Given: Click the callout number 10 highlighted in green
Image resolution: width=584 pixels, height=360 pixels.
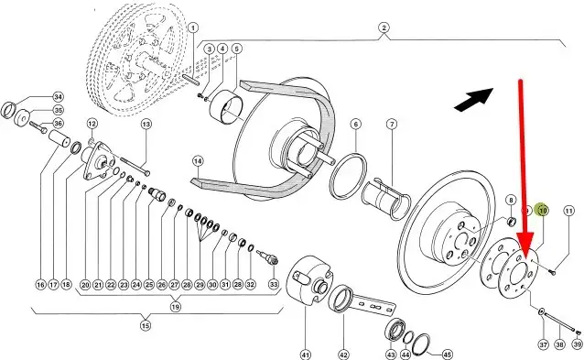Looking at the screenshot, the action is pos(543,211).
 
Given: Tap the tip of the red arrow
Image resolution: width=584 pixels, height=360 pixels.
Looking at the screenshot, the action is pos(525,258).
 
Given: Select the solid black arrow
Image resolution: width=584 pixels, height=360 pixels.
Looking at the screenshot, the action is pos(474,100).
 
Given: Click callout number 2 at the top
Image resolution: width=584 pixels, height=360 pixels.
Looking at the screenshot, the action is pos(384,27).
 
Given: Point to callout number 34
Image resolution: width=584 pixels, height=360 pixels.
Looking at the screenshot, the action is pos(58,97).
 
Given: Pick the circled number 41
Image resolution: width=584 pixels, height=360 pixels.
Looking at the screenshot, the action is pos(306,355).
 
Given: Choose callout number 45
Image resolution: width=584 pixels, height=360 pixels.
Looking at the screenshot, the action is pos(447,355).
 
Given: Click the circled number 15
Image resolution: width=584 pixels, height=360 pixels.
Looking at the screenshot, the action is pos(146,326).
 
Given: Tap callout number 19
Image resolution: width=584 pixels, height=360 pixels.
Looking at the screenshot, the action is pos(175,307).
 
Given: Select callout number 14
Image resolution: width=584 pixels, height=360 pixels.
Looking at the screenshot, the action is pos(198,161).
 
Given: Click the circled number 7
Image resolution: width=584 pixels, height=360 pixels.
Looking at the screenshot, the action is pos(392,124).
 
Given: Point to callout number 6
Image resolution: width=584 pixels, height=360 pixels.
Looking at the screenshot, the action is pos(356,124).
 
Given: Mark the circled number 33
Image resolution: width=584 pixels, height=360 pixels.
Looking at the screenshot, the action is pos(274,284).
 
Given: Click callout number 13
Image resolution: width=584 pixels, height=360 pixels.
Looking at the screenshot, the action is pos(146,124).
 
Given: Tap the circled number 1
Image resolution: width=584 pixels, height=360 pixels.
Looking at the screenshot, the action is pos(192,27).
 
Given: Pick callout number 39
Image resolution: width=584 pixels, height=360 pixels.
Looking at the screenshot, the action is pos(578,344).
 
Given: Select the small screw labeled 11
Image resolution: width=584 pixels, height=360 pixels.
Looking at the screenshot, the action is pos(553,272).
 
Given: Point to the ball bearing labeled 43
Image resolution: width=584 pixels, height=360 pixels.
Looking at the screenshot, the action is pos(395,330).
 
